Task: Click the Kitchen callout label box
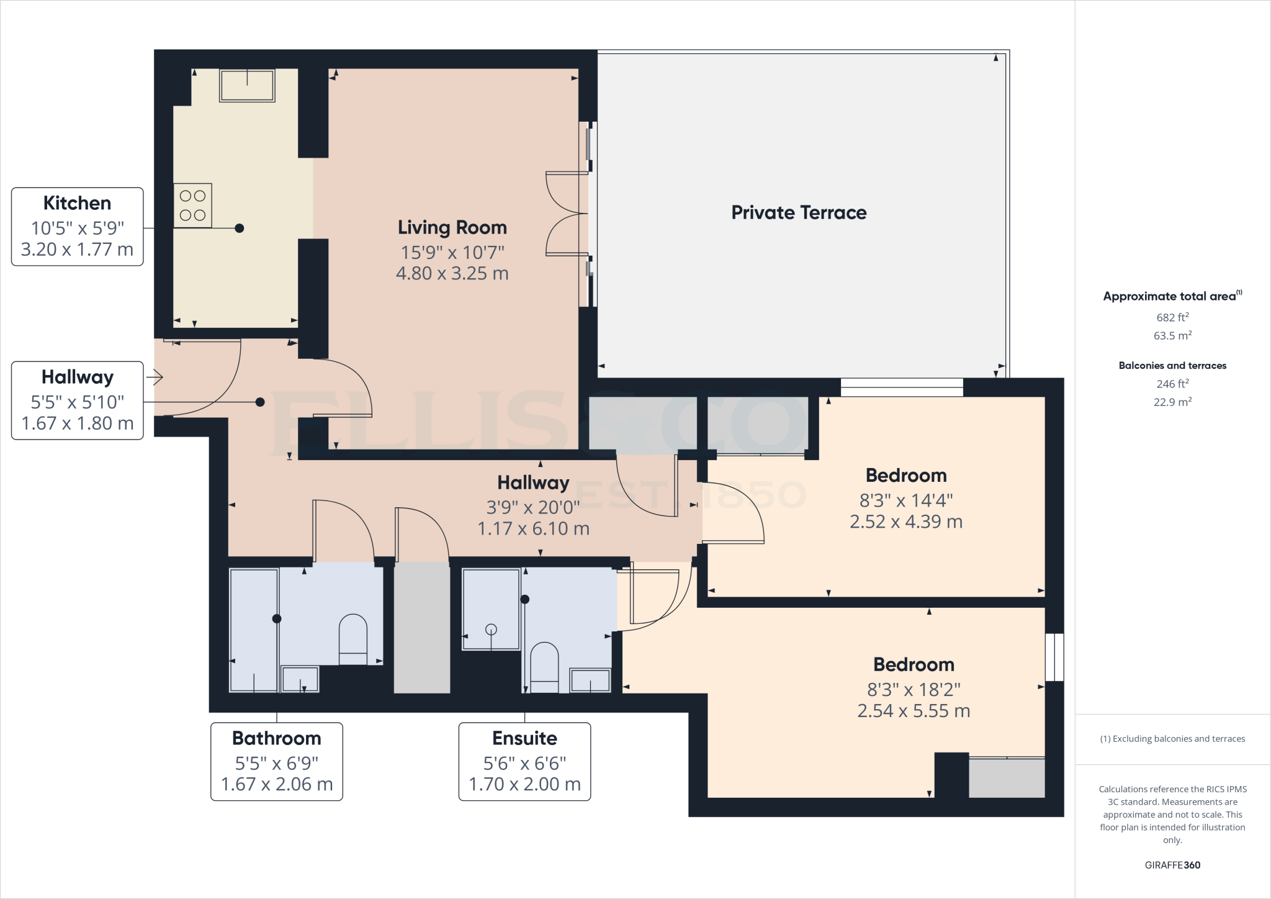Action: click(x=77, y=227)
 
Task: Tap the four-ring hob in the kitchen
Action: click(x=192, y=205)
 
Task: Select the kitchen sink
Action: click(x=247, y=85)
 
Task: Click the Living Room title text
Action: click(x=452, y=227)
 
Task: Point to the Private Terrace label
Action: click(x=799, y=212)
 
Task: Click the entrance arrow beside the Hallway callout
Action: click(x=155, y=377)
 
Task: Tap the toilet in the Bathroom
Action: click(x=353, y=639)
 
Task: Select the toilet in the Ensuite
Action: click(x=544, y=667)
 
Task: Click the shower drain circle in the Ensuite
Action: click(x=491, y=629)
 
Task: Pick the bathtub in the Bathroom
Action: click(x=254, y=630)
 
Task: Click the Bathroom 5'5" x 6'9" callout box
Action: click(x=277, y=761)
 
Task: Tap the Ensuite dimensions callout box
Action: click(x=524, y=761)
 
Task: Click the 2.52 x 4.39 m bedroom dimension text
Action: click(x=905, y=522)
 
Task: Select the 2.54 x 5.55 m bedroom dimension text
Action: click(x=914, y=711)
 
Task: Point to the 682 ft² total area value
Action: click(x=1172, y=317)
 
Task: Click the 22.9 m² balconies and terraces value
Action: click(x=1172, y=402)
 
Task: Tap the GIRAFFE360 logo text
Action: click(x=1172, y=865)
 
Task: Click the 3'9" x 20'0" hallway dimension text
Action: click(x=533, y=507)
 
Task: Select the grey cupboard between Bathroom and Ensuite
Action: click(x=421, y=627)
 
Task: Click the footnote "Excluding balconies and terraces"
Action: click(x=1172, y=739)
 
